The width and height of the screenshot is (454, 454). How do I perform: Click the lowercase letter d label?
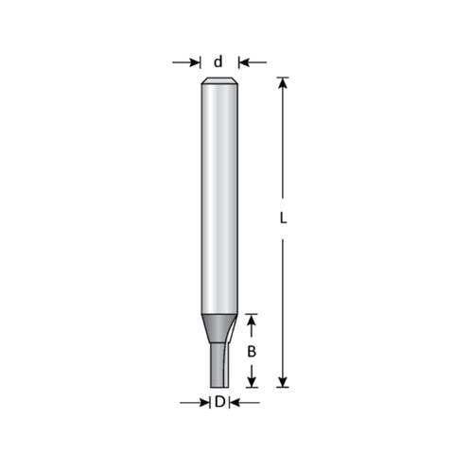coord(218,61)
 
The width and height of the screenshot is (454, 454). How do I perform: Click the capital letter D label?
coord(219,402)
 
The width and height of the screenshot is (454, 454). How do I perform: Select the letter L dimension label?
coord(284,218)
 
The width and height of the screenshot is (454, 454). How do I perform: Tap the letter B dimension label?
coord(252,352)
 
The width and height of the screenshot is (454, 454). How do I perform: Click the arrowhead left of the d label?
coord(194,62)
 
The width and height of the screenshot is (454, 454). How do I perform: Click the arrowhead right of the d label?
coord(244,62)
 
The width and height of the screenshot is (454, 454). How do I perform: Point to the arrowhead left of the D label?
coord(203,403)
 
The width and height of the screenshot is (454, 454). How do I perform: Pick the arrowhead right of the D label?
coord(236,403)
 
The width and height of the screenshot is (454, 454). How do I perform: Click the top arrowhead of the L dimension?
coord(283,82)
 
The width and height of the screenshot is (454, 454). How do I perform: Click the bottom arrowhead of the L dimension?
coord(283,382)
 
